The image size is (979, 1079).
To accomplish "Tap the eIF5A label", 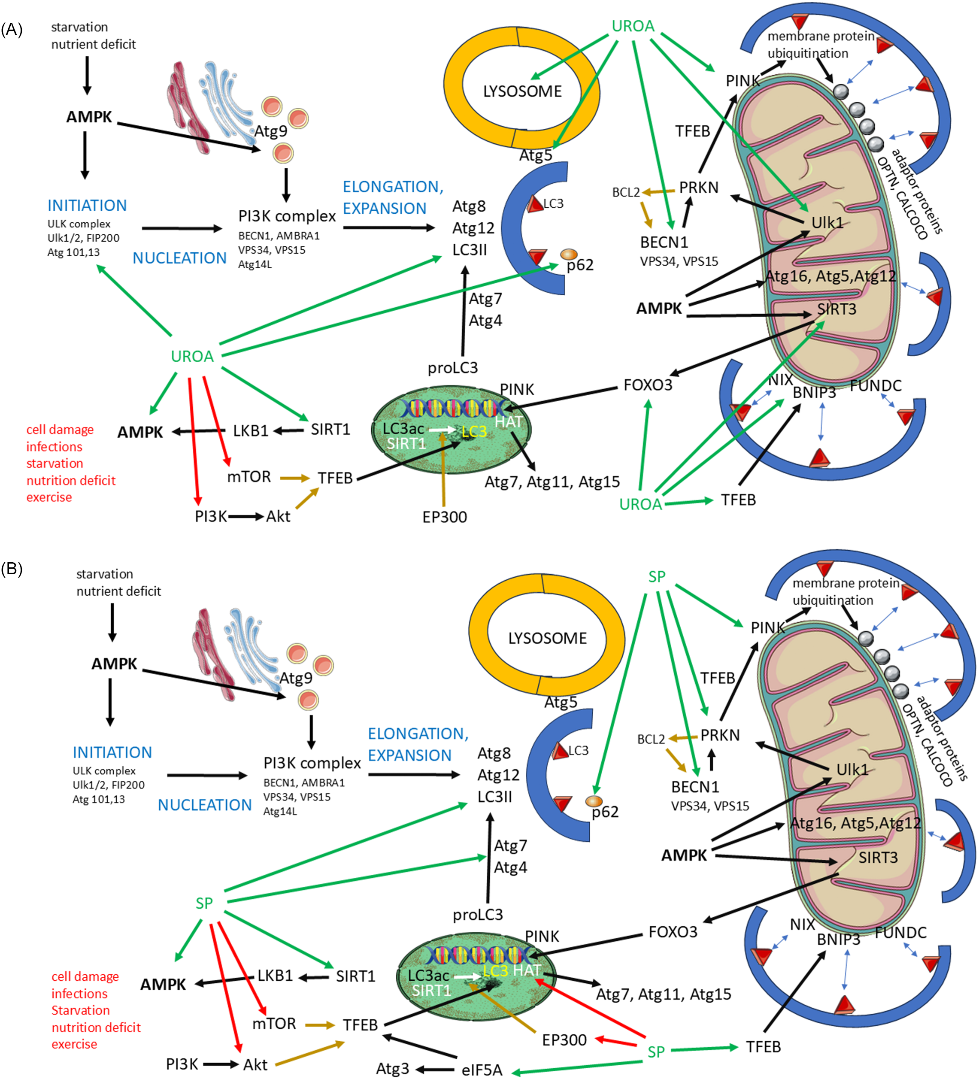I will coord(482,1070).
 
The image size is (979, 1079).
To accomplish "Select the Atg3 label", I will coord(392,1069).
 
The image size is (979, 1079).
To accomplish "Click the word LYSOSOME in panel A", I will coord(522,91).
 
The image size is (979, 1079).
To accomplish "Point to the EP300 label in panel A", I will coord(444,517).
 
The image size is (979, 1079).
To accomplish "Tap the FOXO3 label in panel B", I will coord(673,932).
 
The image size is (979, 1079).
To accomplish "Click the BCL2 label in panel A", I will coord(626,192).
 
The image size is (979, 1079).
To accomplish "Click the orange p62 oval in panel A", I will coord(568,254).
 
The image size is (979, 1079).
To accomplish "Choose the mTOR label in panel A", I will coord(249,477).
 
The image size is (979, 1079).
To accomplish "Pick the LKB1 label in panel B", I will coord(275,976).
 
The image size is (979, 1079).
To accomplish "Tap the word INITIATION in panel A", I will coord(87,206).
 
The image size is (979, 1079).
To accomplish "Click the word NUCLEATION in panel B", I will coord(204,805).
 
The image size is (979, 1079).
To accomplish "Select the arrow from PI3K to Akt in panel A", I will coord(246,516).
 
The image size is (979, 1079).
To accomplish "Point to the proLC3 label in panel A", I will coord(452,368).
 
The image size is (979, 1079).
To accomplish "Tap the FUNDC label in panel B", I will coord(901,933).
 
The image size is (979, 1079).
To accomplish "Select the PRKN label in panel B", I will coord(720,735).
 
